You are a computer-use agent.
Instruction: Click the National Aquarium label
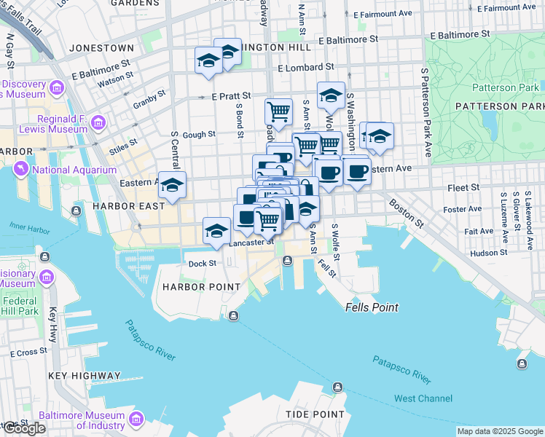[74, 170]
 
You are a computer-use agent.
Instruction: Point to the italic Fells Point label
[372, 307]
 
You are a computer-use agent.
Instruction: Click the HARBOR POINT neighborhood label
[201, 287]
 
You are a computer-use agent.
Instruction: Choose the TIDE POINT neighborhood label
[315, 414]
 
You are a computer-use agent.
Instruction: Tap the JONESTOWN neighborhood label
[101, 48]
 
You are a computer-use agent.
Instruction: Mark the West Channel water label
[423, 398]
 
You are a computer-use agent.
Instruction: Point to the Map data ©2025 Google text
[499, 431]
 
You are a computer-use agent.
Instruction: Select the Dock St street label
[203, 264]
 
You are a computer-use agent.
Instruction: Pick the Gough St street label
[198, 134]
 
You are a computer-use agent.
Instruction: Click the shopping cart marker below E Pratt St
[278, 112]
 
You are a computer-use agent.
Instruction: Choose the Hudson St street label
[488, 253]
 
